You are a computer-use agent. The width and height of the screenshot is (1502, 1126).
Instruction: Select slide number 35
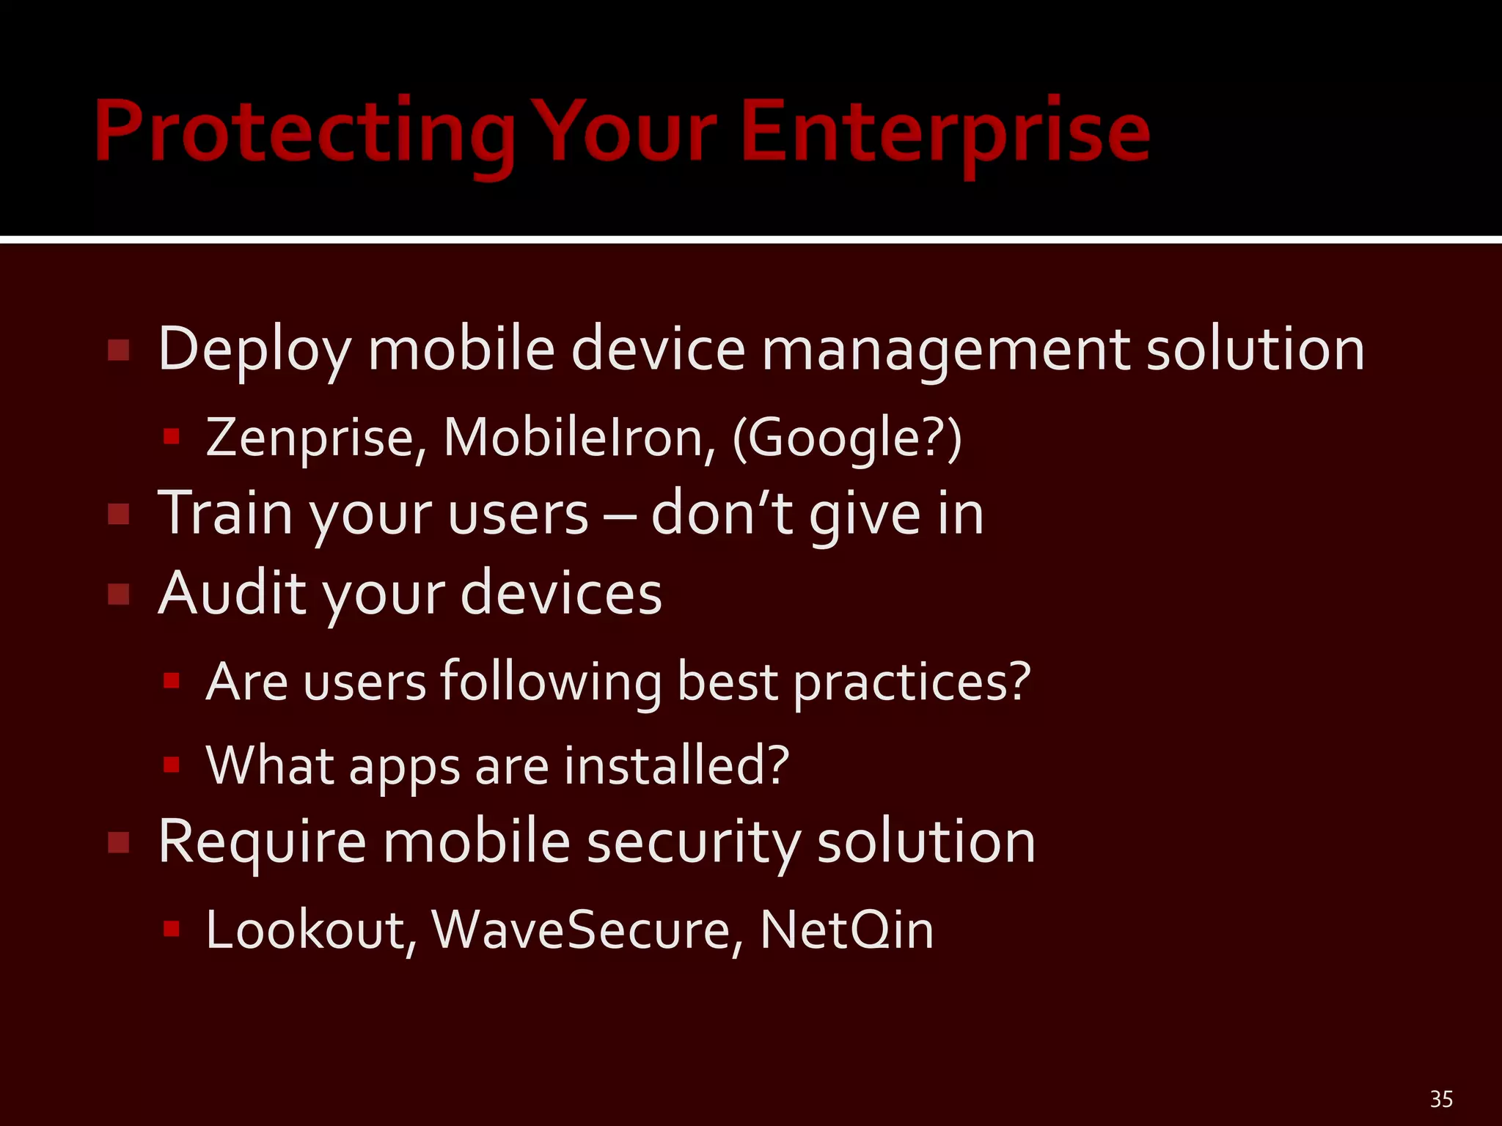[x=1441, y=1099]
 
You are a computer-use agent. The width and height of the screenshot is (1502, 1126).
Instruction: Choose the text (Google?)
[x=847, y=438]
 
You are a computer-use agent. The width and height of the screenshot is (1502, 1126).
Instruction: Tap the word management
[x=945, y=350]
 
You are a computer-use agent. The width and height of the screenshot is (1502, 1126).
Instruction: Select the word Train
[x=226, y=513]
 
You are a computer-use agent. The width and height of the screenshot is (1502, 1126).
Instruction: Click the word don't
[x=722, y=513]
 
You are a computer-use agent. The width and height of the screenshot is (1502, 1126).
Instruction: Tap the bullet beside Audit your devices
[x=119, y=594]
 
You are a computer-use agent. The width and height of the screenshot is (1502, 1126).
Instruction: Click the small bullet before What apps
[x=172, y=765]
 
